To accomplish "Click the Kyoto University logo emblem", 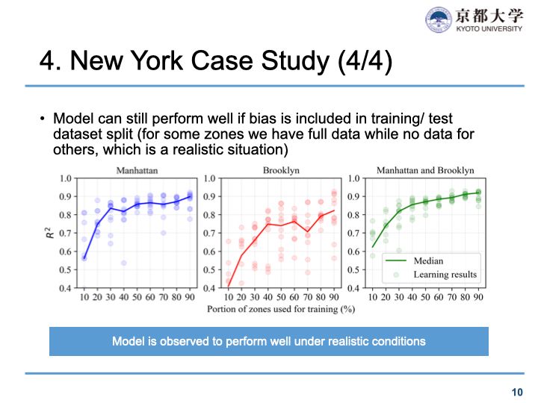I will point(439,19).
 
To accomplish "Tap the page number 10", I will point(517,392).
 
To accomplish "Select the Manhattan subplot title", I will point(131,170).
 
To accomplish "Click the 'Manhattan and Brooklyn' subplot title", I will point(425,170).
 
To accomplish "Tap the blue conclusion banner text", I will point(269,341).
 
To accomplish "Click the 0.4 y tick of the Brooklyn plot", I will point(210,287).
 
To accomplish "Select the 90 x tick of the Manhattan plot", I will point(189,298).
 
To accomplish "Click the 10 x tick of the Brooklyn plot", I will point(228,298).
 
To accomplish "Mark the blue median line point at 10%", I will point(84,257).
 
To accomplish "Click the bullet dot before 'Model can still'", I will point(43,119).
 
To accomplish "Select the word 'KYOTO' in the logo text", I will point(469,28).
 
